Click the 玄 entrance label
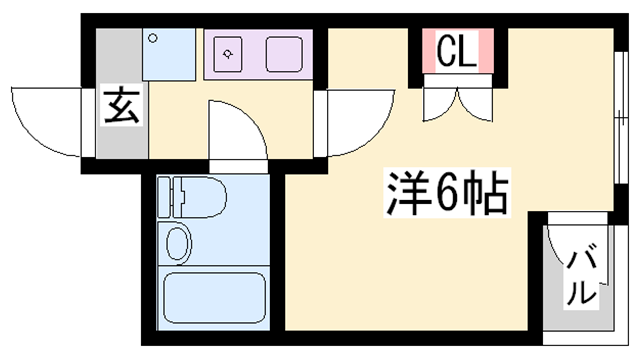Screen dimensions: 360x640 121,106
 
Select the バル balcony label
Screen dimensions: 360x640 582,278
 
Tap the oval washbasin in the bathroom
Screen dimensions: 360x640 179,243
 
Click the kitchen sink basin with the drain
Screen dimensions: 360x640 230,54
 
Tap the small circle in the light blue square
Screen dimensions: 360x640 153,38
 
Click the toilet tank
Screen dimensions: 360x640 166,198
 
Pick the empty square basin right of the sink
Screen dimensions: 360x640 285,53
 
